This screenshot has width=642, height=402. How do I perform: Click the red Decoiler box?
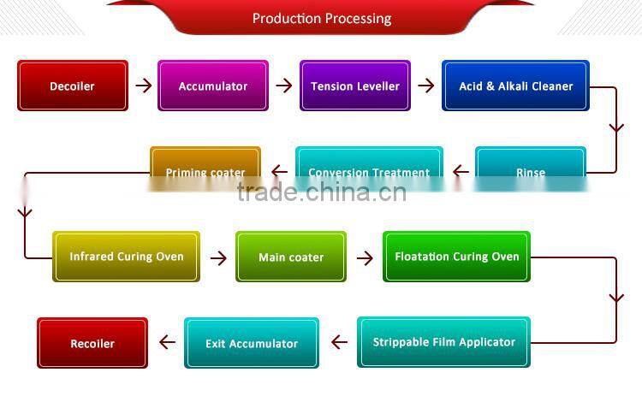click(73, 86)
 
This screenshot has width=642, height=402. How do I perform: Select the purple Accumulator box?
click(213, 86)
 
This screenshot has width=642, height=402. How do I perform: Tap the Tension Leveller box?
click(355, 86)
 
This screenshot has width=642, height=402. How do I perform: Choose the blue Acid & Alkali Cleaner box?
click(515, 86)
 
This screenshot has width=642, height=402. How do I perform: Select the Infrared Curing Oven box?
click(126, 257)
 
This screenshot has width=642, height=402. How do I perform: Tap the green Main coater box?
click(291, 257)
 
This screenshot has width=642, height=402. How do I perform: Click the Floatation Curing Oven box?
click(457, 257)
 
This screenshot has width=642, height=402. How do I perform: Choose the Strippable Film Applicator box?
click(443, 342)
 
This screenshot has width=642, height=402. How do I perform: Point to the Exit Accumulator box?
click(252, 343)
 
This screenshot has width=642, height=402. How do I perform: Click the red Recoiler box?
click(92, 343)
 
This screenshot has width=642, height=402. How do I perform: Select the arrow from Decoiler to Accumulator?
click(143, 86)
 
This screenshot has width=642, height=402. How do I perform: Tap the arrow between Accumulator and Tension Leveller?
click(284, 86)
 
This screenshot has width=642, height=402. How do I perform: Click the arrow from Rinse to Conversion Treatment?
click(461, 171)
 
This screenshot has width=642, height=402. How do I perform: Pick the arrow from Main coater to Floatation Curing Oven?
click(365, 257)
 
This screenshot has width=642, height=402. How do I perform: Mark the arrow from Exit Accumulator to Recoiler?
click(167, 343)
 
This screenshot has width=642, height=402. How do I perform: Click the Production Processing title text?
click(322, 18)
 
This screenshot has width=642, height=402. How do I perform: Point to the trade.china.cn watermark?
click(321, 192)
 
